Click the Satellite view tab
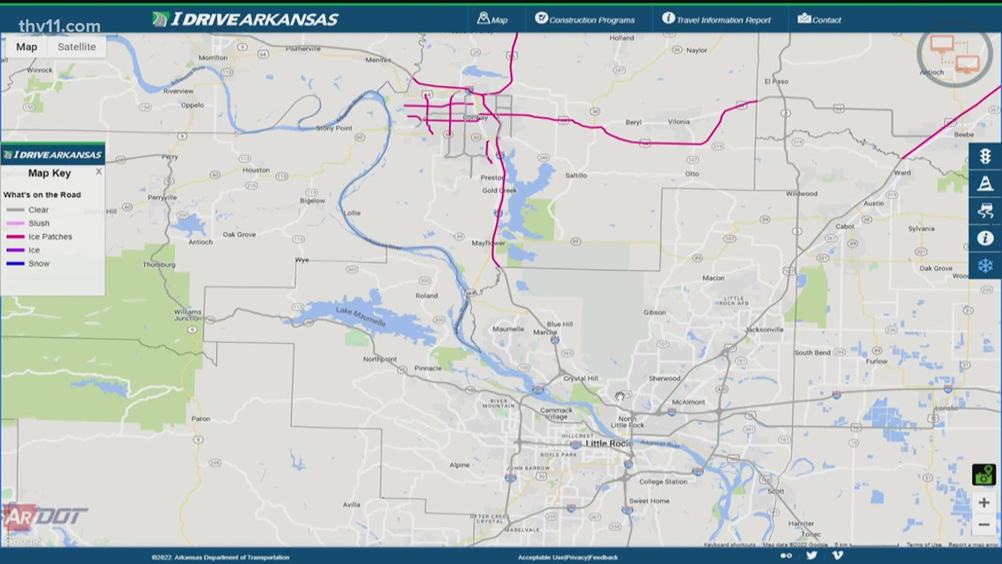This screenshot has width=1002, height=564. (76, 47)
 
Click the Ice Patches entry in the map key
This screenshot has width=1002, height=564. (50, 237)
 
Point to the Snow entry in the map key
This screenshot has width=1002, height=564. (39, 264)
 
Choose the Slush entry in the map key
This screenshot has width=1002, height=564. (39, 223)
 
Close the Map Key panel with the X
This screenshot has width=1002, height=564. (98, 172)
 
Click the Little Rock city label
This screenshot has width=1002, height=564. (608, 443)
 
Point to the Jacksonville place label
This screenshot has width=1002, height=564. (764, 330)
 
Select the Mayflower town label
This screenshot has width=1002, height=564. (488, 243)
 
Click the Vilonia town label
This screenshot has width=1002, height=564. (679, 122)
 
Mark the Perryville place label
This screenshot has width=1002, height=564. (163, 197)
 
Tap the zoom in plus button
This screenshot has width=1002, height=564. (984, 502)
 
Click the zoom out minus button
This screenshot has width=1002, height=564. (984, 525)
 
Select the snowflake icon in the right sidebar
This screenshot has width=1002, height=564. (984, 266)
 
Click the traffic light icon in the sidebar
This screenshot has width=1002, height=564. (984, 157)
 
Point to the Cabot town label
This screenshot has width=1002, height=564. (845, 226)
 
